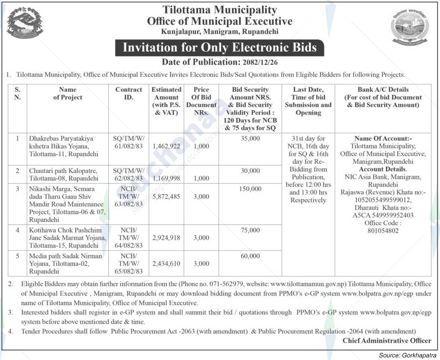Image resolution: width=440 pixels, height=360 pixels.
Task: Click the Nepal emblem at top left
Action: pos(25,23)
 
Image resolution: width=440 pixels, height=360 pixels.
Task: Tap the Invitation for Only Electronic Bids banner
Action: pos(219,48)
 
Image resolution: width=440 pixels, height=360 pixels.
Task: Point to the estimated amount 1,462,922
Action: pos(166,147)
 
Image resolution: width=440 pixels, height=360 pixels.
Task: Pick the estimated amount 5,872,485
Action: pos(166,197)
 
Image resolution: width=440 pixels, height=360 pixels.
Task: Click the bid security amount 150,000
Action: pos(250,189)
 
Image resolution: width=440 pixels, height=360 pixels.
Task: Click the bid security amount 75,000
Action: pos(250,230)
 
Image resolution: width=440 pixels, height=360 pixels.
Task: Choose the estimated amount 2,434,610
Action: pos(166,264)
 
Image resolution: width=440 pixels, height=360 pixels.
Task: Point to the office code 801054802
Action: pos(383,231)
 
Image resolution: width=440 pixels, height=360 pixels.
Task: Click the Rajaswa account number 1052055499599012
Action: pos(383,200)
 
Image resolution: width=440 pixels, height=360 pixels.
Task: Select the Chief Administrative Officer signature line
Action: pos(387,341)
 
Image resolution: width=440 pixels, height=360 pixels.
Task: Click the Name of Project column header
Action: pos(67,93)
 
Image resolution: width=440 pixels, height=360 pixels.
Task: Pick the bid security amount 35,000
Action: pos(250,139)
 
